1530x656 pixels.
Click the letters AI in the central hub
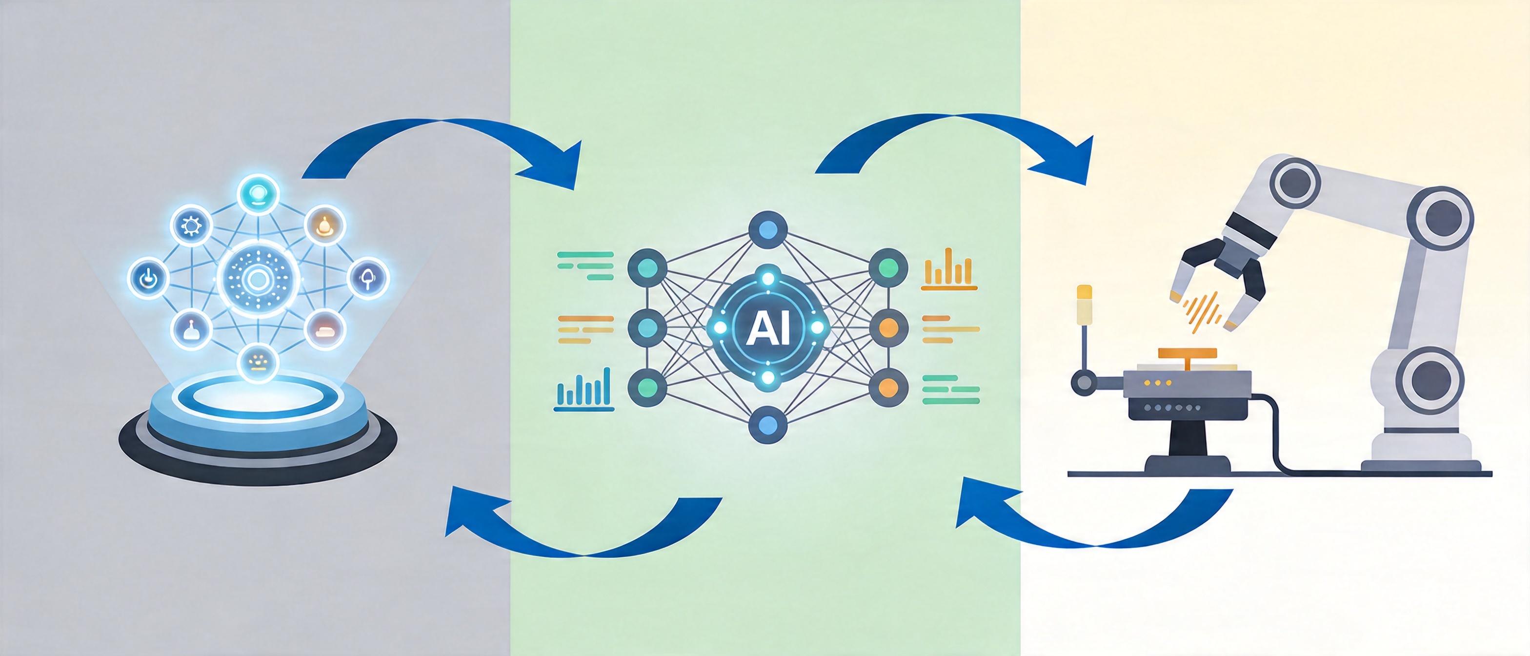(x=767, y=328)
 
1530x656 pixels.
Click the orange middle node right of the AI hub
(x=888, y=328)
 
